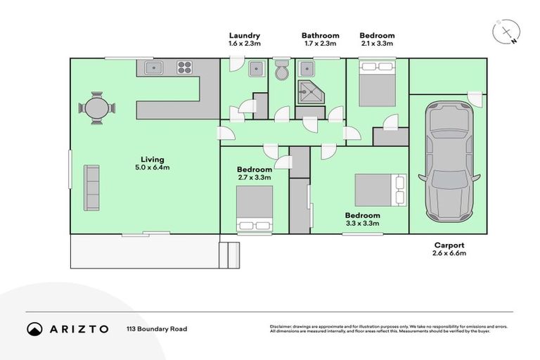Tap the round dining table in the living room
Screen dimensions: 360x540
tap(96, 108)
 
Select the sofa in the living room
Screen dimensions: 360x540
tap(91, 187)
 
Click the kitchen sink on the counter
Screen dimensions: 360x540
tap(155, 68)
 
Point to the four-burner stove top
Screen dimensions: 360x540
tap(184, 68)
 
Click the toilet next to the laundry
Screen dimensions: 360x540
tap(281, 71)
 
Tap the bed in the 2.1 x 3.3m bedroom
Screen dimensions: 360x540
tap(378, 83)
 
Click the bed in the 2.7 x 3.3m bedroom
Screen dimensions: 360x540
tap(254, 207)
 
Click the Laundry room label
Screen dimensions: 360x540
tap(245, 35)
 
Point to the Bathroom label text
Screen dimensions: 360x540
tap(320, 35)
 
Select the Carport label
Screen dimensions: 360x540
tap(449, 245)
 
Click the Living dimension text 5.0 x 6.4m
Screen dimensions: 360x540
tap(152, 167)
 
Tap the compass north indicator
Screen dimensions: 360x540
tap(507, 32)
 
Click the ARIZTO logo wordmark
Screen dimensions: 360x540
tap(78, 328)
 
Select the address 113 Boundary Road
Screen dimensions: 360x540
tap(157, 328)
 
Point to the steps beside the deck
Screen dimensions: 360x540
tap(229, 255)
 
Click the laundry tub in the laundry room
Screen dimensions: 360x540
tap(257, 69)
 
